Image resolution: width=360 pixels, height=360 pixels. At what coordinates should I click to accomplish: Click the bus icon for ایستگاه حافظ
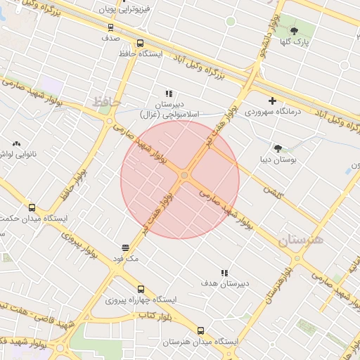point(140,43)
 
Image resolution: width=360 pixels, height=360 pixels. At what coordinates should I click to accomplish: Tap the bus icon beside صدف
point(110,27)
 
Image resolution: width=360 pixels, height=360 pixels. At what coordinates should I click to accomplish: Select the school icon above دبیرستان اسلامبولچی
point(169,93)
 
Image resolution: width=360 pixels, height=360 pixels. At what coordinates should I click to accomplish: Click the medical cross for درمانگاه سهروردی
point(272,101)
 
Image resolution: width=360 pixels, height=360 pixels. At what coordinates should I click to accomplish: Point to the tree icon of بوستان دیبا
point(278,148)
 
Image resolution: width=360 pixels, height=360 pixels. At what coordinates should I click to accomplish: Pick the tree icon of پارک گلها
point(294,30)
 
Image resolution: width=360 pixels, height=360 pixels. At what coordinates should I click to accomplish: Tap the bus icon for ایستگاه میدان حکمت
point(32,207)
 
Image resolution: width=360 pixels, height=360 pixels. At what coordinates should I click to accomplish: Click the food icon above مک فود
point(125,247)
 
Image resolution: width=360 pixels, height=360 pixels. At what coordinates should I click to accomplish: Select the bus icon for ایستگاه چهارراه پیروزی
point(141,289)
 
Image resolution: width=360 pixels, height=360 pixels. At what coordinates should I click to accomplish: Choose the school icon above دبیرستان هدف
point(224,273)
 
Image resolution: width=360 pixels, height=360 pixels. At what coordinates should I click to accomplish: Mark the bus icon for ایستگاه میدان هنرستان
point(200,330)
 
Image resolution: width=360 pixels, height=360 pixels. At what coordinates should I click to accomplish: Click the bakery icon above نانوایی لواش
point(15,143)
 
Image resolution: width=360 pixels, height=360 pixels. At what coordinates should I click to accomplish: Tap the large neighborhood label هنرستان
point(301,240)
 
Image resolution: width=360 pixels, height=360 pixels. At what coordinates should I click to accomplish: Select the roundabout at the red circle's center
point(184,175)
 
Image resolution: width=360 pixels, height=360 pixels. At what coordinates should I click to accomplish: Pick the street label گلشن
point(271,190)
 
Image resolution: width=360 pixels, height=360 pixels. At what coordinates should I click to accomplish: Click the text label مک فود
point(127,259)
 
